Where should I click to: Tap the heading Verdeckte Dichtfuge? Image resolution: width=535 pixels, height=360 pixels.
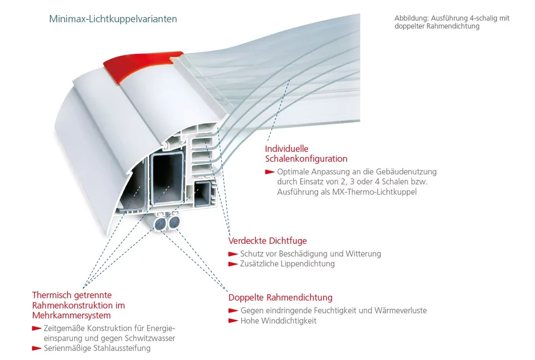[267, 241]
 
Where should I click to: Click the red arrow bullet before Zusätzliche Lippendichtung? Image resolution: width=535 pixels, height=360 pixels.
[232, 264]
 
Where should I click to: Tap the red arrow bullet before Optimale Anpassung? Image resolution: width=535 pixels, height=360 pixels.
[269, 172]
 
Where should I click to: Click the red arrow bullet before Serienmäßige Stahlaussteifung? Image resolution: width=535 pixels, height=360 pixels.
[36, 348]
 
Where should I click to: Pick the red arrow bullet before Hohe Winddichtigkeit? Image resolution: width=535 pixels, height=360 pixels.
[232, 321]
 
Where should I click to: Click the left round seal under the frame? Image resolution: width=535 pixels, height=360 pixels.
[159, 223]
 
